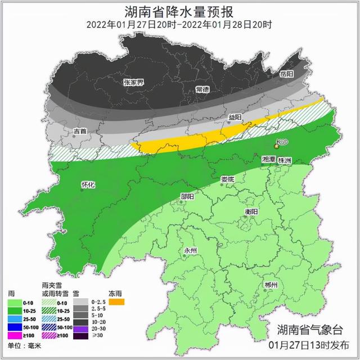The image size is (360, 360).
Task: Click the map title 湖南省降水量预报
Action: [179, 11]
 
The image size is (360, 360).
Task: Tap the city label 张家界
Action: [133, 83]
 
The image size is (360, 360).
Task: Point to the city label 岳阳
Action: [287, 74]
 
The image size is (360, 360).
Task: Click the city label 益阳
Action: [235, 118]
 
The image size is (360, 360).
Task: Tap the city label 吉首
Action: [80, 131]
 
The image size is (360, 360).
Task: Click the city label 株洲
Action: [285, 160]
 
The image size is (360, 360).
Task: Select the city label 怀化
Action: [88, 184]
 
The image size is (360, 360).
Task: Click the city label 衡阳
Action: [251, 211]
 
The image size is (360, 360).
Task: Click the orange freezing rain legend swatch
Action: [116, 302]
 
